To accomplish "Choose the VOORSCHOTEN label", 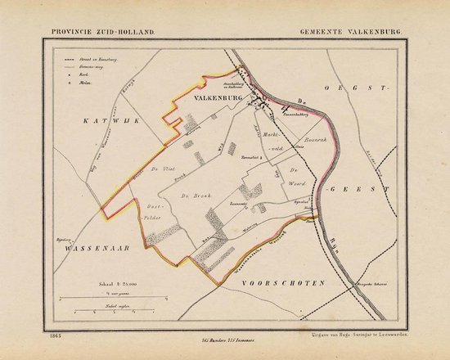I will pyautogui.click(x=281, y=281).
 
